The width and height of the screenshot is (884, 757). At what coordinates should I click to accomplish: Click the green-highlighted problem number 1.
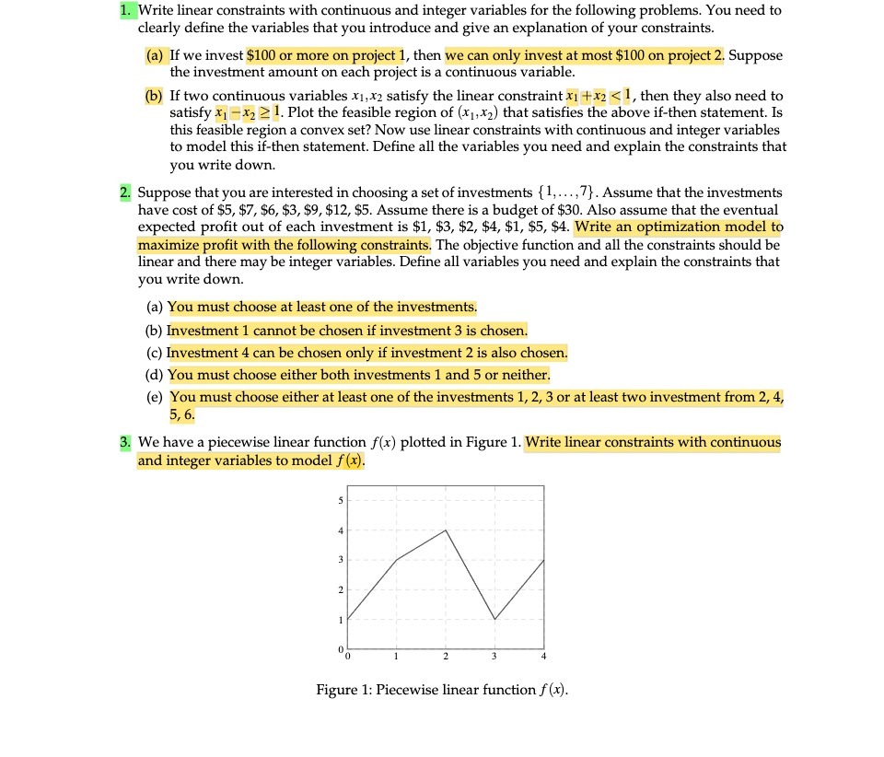[x=127, y=10]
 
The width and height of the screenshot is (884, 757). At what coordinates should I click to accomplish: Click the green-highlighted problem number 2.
[x=126, y=192]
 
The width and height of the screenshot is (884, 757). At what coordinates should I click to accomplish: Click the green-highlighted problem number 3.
[x=126, y=442]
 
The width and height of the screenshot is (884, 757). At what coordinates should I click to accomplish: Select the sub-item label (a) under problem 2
[x=155, y=308]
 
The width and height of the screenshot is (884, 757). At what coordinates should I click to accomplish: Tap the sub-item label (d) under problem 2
[x=155, y=375]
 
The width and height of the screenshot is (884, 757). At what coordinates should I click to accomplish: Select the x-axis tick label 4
[x=543, y=657]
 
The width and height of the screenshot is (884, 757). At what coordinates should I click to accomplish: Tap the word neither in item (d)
[x=527, y=375]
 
